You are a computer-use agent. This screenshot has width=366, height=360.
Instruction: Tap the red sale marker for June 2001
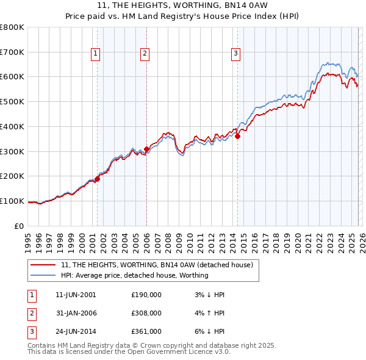97,179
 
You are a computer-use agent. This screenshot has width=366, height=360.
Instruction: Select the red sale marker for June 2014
238,136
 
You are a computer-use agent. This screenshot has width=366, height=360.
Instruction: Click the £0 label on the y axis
20,226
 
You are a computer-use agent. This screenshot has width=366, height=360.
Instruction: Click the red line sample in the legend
43,265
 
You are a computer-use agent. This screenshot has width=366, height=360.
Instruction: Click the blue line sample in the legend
43,275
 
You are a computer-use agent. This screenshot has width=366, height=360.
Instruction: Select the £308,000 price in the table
146,313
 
